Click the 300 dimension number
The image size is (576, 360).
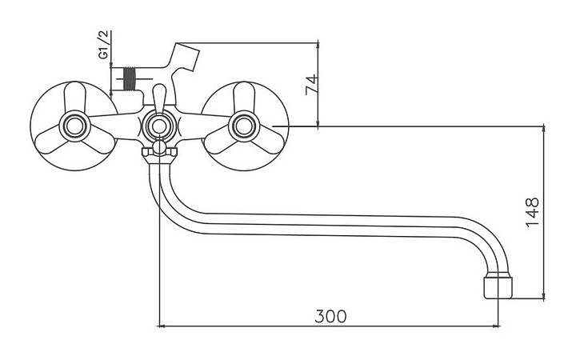coord(330,316)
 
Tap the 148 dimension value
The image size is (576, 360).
coord(532,213)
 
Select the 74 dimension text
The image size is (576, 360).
coord(311,85)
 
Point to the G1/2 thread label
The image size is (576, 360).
coord(103,45)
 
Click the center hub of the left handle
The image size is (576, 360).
coord(75,126)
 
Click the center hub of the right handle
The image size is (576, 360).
coord(244,126)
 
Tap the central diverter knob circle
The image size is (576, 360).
coord(159,126)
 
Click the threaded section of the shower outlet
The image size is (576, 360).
coord(130,78)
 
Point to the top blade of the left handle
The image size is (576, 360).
coord(75,96)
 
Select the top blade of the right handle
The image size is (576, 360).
coord(244,97)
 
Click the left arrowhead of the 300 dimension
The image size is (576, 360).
coord(161,326)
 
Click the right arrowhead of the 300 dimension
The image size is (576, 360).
coord(497,326)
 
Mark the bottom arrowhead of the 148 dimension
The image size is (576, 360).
coord(544,296)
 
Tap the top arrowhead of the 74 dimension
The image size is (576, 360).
coord(318,46)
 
